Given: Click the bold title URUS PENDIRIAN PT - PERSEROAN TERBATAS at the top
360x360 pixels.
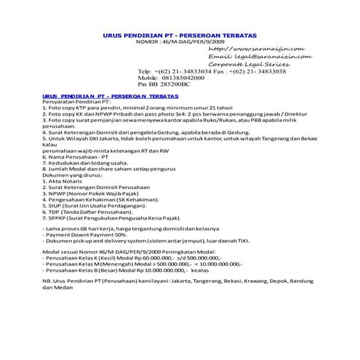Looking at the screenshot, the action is pyautogui.click(x=180, y=35).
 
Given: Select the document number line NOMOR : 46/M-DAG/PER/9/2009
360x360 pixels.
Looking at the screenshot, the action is pyautogui.click(x=180, y=42).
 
